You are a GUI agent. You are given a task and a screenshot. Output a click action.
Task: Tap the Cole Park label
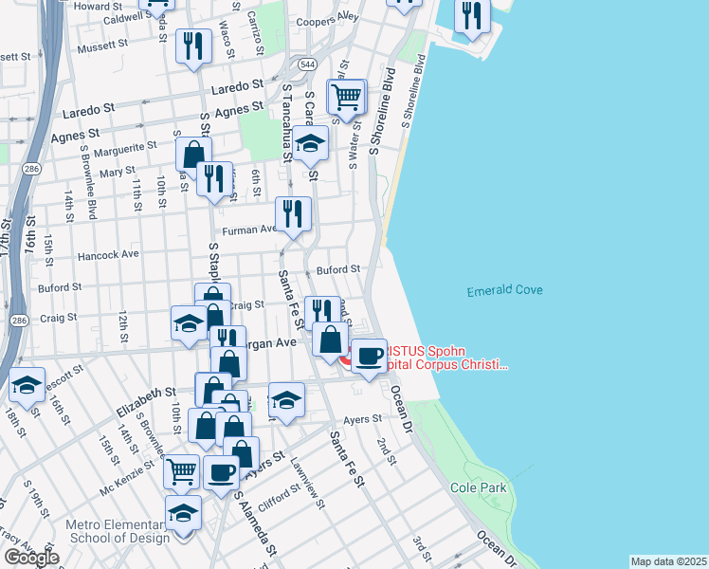479,487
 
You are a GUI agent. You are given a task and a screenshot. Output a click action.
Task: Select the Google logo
31,558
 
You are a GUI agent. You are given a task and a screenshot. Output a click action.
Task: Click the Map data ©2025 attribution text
667,561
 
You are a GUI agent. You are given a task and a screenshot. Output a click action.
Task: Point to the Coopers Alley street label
328,17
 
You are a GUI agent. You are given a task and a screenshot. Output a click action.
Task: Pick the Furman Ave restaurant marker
293,214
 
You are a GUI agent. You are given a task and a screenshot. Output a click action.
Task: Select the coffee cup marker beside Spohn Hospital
369,355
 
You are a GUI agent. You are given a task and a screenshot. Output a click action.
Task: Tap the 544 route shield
306,64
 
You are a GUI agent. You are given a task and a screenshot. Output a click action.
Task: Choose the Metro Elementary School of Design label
118,531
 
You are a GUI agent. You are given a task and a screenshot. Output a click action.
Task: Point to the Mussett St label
102,45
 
